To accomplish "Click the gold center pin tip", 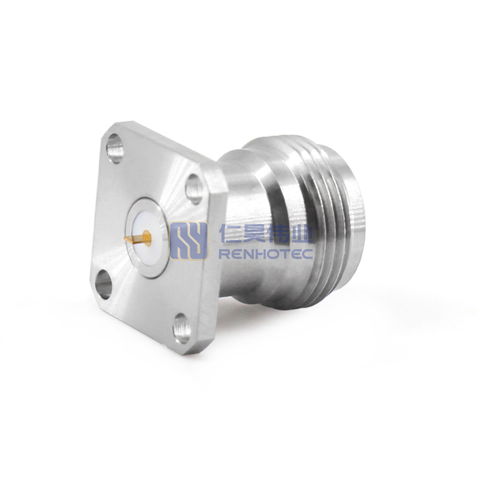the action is click(x=125, y=239).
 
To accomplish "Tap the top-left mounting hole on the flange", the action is click(x=115, y=149).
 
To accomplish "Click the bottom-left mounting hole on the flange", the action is click(x=104, y=284).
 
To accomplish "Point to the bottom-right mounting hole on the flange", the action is click(x=181, y=329).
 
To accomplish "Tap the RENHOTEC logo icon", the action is click(x=189, y=241).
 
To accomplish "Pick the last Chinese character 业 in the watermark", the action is click(x=302, y=234).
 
